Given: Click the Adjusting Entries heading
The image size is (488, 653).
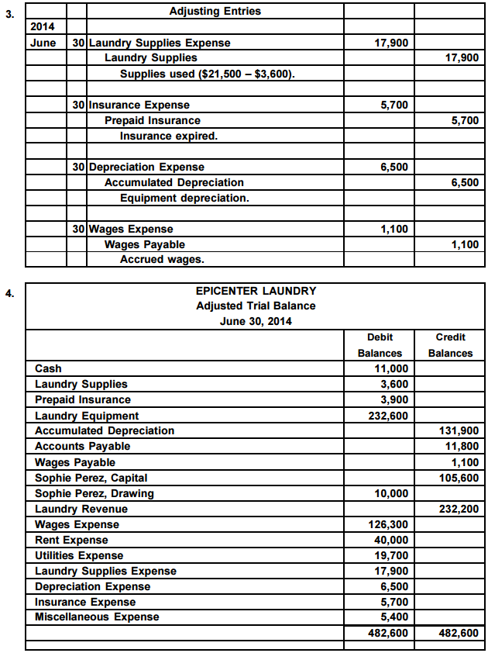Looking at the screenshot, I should pos(215,11).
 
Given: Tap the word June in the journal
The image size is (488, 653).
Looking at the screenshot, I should pos(43,43).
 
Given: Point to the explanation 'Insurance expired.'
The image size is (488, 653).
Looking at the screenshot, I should pos(169,136).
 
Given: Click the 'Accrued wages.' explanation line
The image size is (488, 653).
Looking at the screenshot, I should pos(162,259).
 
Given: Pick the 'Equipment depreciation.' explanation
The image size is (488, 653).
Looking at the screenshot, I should pos(184,198).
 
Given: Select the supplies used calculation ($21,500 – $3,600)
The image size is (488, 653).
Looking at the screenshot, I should pos(208,74).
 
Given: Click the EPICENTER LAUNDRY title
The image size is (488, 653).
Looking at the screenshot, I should pos(256,291).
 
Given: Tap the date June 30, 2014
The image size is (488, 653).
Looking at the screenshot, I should pos(256,322).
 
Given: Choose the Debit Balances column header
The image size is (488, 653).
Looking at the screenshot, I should pos(380,345).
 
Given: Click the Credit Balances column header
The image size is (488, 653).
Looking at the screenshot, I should pos(450,345).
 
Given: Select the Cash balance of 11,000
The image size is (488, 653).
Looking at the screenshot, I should pos(391,368).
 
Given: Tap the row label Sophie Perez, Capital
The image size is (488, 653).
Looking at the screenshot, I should pos(91,478).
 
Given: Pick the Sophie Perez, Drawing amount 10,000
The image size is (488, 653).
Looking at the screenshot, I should pos(391,493).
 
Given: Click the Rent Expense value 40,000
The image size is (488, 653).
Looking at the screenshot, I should pos(391,540).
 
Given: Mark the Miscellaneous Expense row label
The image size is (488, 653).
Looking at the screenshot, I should pos(97,617).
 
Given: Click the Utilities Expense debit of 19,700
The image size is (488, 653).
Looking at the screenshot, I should pos(391,555).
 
